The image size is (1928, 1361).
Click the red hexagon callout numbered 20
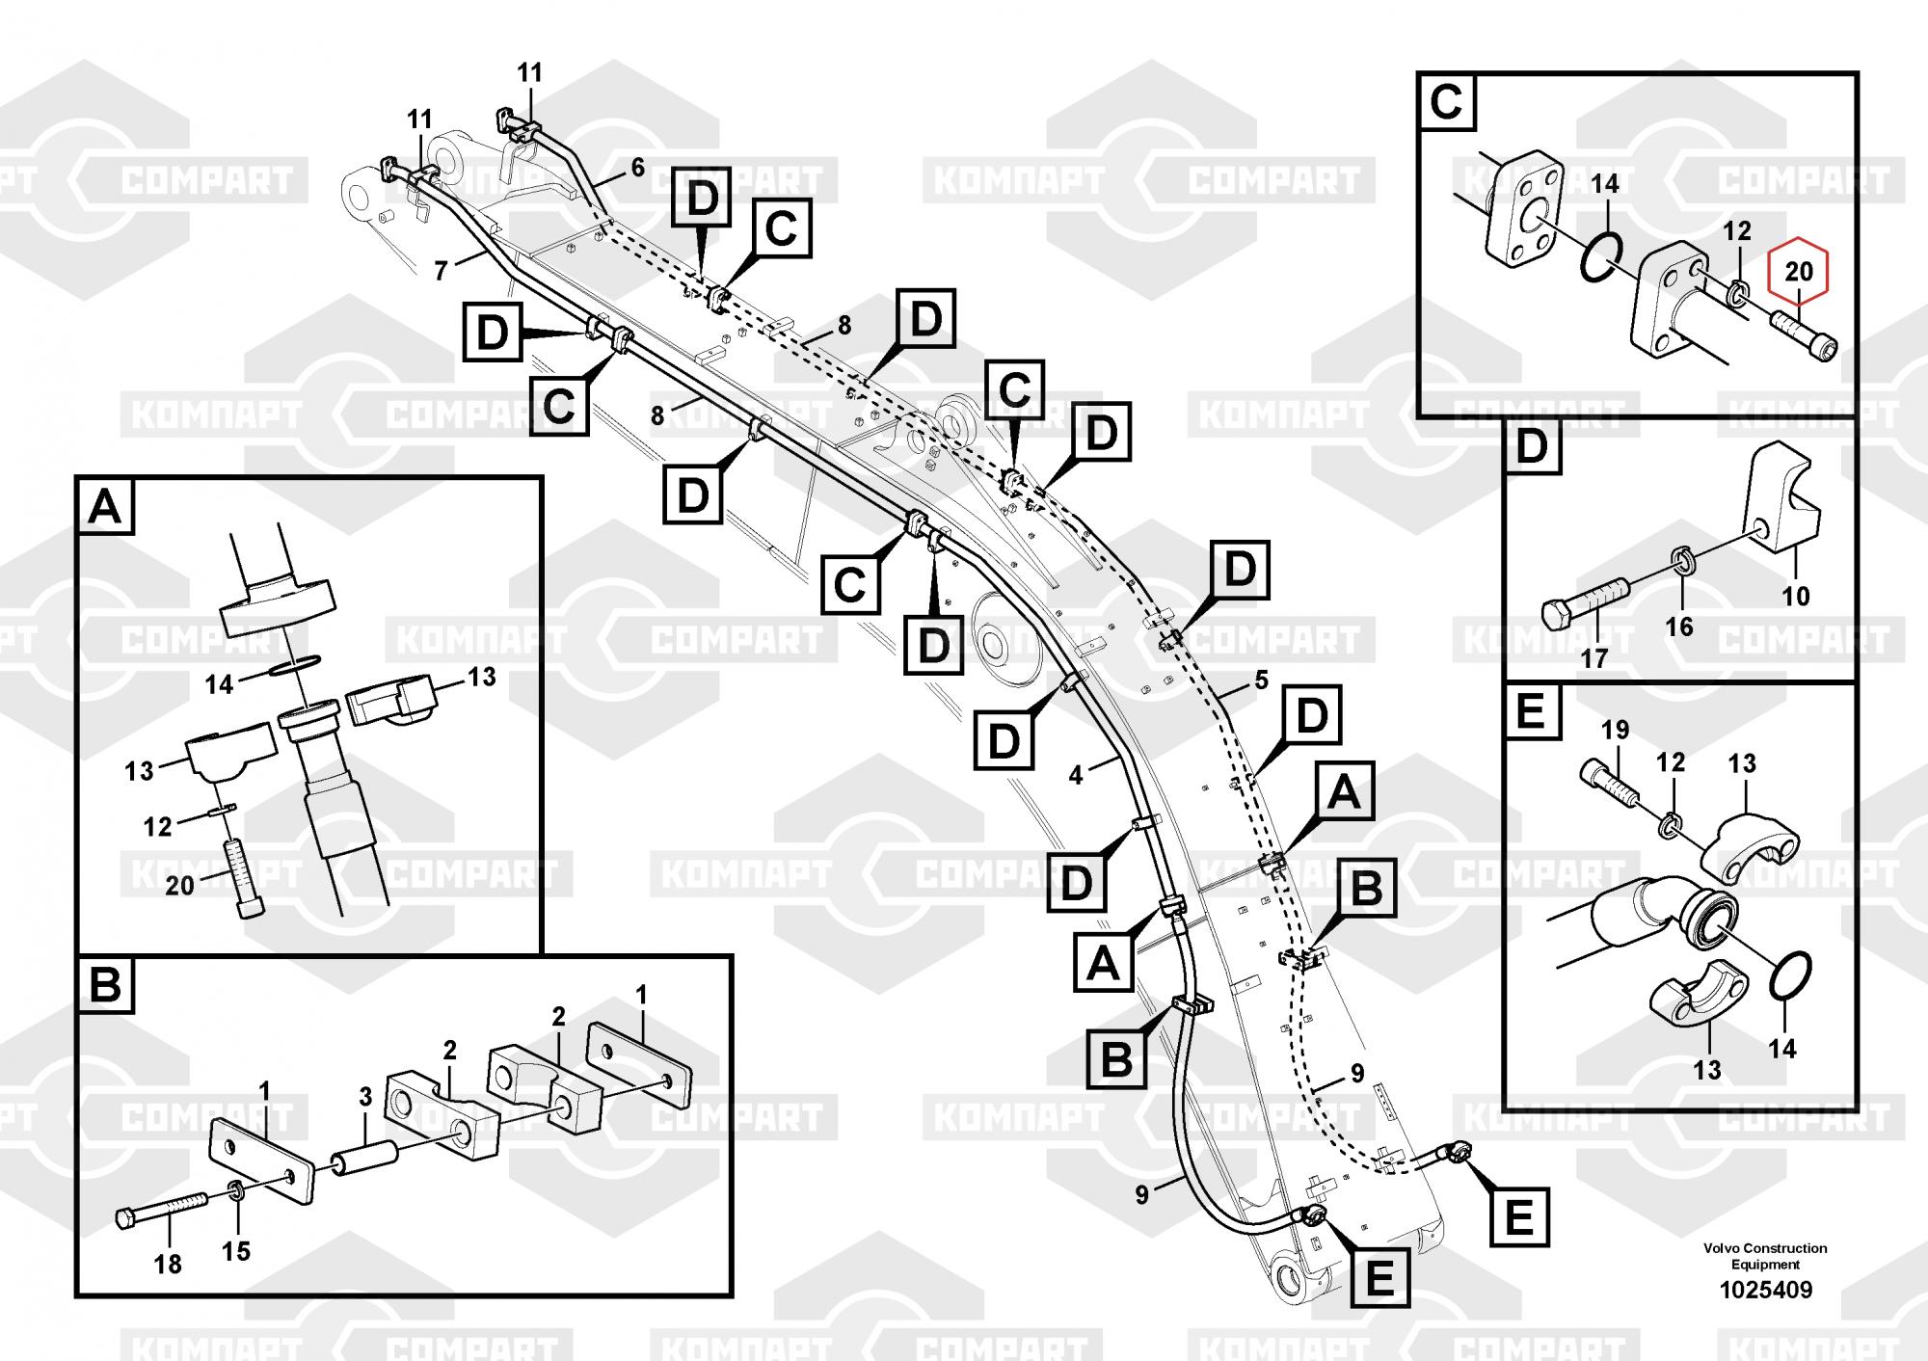point(1799,273)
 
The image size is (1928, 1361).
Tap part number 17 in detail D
point(1594,659)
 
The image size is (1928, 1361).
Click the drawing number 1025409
point(1764,1290)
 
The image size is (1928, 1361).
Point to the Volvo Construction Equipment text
point(1764,1256)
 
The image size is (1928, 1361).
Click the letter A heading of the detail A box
point(105,505)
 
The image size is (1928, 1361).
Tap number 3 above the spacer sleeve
point(365,1096)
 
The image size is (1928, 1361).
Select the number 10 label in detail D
point(1795,596)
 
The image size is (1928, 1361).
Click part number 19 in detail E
point(1616,730)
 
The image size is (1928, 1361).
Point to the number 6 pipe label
point(637,168)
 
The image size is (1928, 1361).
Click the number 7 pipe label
point(441,271)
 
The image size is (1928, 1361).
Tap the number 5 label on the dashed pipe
point(1262,680)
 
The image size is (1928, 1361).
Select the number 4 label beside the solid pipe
point(1077,773)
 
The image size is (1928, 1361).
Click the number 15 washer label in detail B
point(236,1251)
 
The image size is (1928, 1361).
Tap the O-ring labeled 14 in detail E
point(1791,978)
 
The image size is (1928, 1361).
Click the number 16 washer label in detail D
point(1679,627)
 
